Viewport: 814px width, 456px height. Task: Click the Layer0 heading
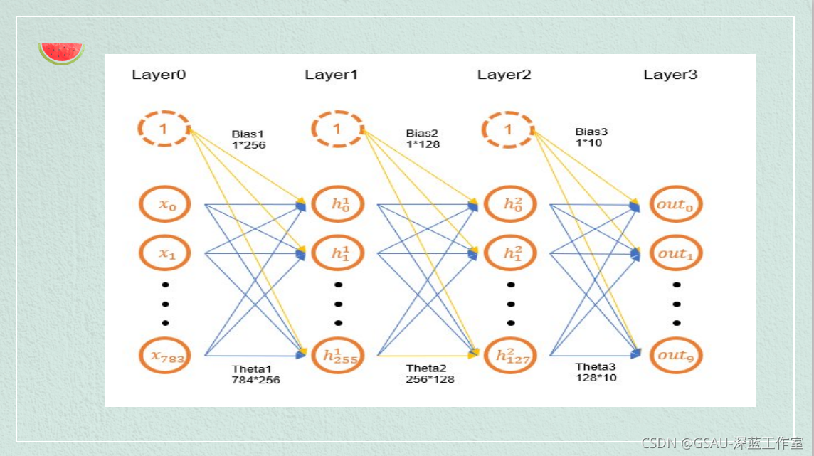click(x=159, y=75)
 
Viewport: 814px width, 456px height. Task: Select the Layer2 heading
click(x=504, y=75)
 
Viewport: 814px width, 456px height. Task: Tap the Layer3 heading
click(x=670, y=75)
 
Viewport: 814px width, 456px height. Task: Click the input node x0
click(x=166, y=205)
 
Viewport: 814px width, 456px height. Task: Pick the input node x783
click(x=166, y=355)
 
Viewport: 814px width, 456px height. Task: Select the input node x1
click(x=166, y=253)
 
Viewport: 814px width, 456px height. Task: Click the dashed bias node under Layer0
click(x=164, y=129)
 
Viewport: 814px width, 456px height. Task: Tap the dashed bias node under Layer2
click(x=507, y=129)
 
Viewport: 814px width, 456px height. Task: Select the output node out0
click(x=675, y=205)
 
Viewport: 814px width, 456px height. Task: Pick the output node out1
click(x=675, y=253)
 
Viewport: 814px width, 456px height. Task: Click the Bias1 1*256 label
click(x=248, y=139)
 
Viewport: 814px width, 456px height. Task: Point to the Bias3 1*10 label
click(x=591, y=137)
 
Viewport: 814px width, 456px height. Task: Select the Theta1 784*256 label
click(x=255, y=374)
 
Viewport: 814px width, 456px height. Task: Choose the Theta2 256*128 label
click(x=430, y=373)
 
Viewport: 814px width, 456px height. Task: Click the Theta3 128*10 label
click(x=596, y=372)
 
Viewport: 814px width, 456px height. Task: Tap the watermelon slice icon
click(x=61, y=53)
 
